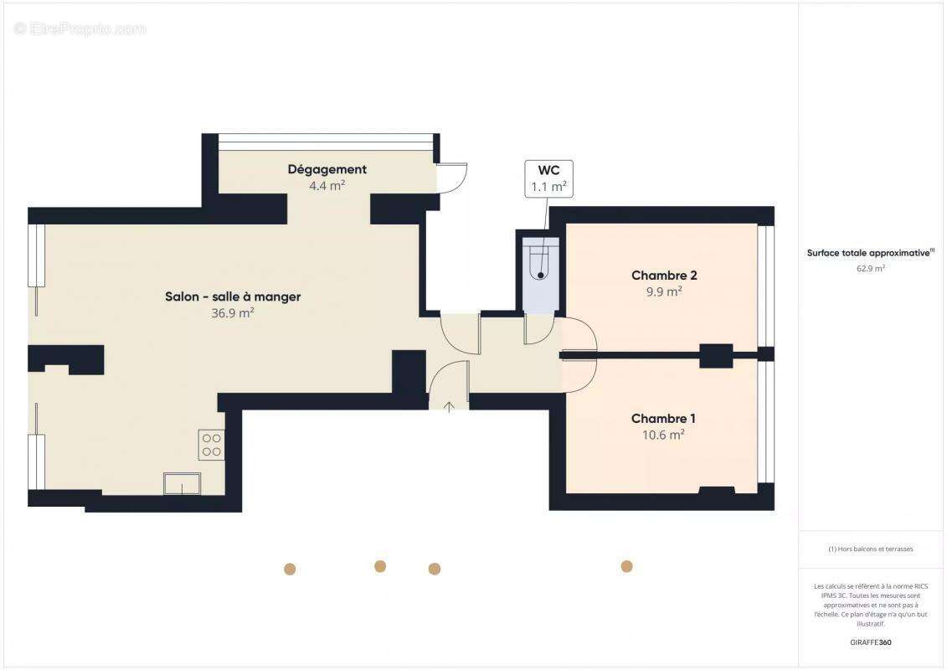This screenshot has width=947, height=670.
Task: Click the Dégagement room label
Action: pos(327,169)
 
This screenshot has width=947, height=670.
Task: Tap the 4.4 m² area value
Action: pos(327,186)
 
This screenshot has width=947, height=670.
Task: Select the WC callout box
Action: pos(548,178)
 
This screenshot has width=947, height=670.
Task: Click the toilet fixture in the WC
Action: pos(541,262)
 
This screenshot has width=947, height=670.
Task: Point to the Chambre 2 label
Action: pos(664,276)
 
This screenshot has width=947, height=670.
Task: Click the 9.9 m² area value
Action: pos(664,291)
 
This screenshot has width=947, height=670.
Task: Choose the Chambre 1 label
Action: pos(663,419)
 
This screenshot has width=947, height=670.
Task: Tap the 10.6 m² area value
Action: pos(663,435)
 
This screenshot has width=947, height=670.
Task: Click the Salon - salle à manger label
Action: pos(233,296)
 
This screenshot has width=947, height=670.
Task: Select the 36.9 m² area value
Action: pos(233,313)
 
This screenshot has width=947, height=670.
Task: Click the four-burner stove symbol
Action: pos(211,445)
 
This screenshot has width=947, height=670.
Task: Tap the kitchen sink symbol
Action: pos(182,483)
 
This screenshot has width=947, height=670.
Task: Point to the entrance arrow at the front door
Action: pos(449,407)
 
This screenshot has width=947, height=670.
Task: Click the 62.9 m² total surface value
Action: pos(871,269)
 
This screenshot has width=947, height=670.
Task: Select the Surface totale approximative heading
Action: pos(869,252)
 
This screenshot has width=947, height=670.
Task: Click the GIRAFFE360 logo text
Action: pos(871,642)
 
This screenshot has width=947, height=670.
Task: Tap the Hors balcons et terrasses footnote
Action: pos(871,549)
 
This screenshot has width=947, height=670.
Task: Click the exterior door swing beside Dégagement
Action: pos(452,177)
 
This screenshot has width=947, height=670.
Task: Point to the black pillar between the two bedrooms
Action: pos(716,356)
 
